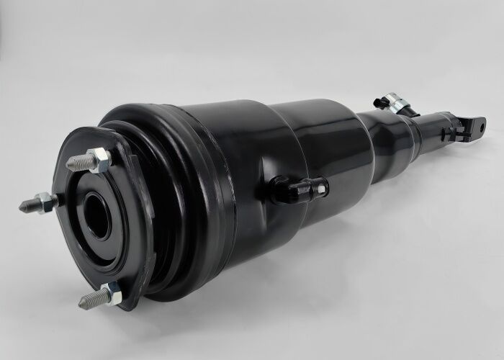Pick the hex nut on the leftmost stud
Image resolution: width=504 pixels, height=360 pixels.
pos(47,203)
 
